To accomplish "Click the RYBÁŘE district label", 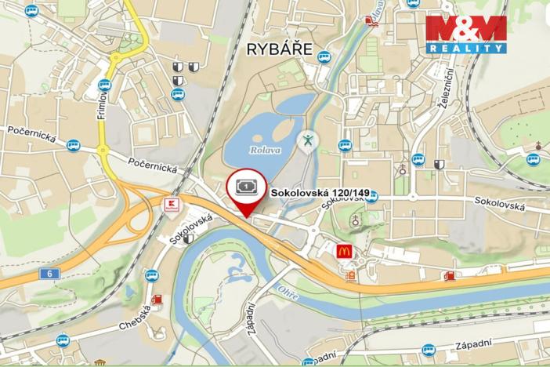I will pos(280,50).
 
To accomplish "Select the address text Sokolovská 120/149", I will pos(320,191).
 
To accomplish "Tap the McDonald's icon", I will pos(343,251).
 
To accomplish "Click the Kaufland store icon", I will pos(169,204).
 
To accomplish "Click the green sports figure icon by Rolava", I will pos(308,140).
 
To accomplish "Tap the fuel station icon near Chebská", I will pos(158,300).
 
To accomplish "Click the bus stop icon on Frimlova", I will pos(105,85).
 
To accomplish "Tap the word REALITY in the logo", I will pos(466,49).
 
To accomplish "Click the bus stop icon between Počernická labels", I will pos(73,145).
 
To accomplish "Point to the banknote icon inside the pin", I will pos(245,185).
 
